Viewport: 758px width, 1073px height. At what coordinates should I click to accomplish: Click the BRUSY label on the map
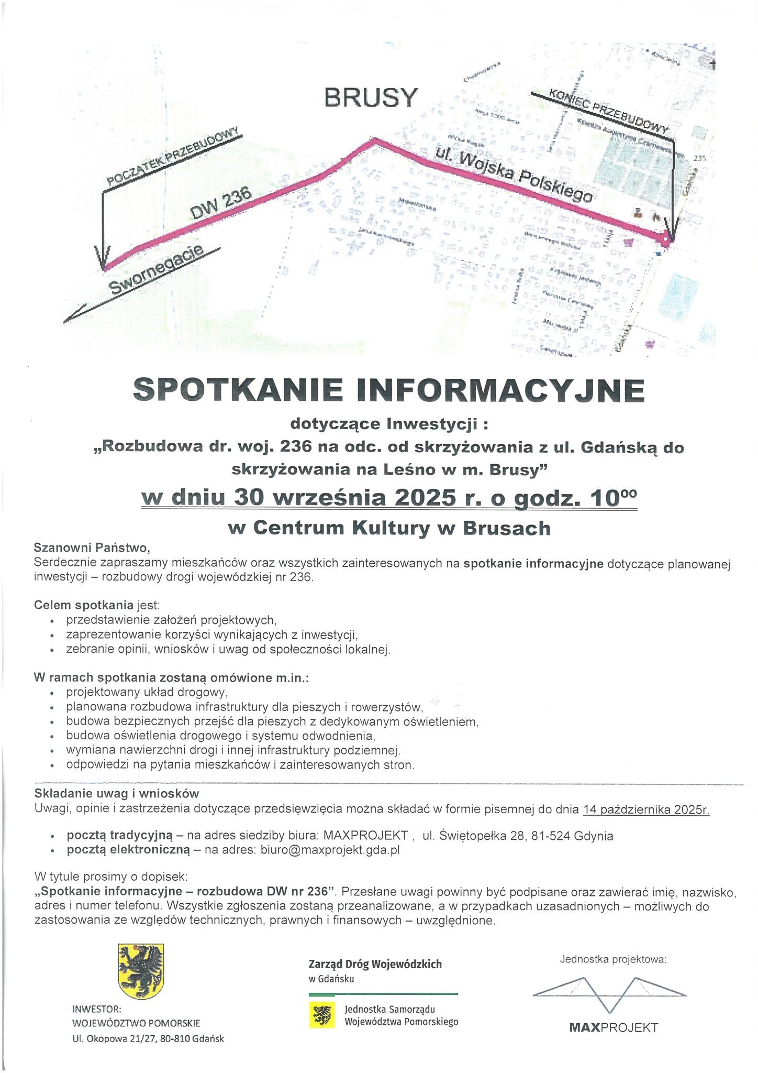[x=372, y=97]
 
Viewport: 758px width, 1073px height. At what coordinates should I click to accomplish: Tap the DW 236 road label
[x=221, y=204]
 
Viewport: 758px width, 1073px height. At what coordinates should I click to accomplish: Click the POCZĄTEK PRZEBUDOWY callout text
[x=173, y=157]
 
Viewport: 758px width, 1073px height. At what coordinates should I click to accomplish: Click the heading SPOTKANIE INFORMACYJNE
[x=389, y=390]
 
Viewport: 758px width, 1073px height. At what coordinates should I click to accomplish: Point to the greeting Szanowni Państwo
[x=92, y=548]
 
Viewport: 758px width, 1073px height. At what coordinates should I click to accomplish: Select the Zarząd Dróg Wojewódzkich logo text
[x=375, y=963]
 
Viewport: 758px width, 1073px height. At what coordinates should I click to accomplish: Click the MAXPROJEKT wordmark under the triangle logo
[x=613, y=1027]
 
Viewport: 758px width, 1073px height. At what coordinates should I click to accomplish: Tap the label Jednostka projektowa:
[x=613, y=960]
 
